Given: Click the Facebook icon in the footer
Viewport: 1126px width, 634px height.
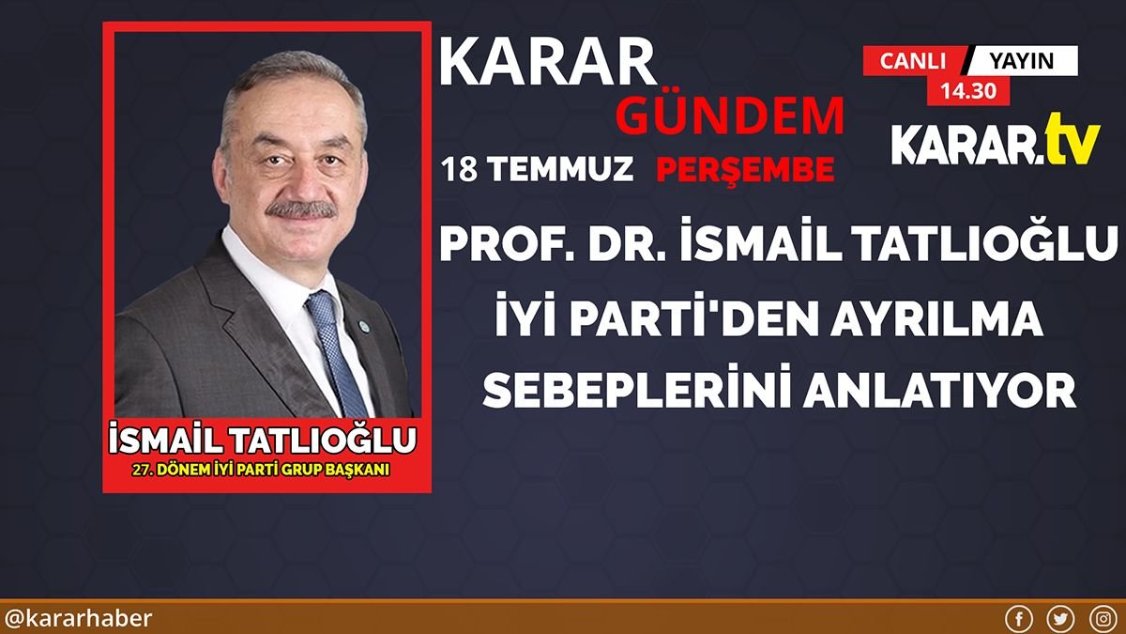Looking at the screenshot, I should point(1018,619).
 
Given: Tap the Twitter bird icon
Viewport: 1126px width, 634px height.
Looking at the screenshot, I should point(1060,619).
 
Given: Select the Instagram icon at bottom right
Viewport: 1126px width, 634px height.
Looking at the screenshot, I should point(1103,619).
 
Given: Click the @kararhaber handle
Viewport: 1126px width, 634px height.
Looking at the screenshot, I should point(78,619).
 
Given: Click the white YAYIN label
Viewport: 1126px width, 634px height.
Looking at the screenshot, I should point(1022,61).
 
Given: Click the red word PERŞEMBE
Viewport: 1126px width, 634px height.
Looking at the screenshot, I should point(744,170).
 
